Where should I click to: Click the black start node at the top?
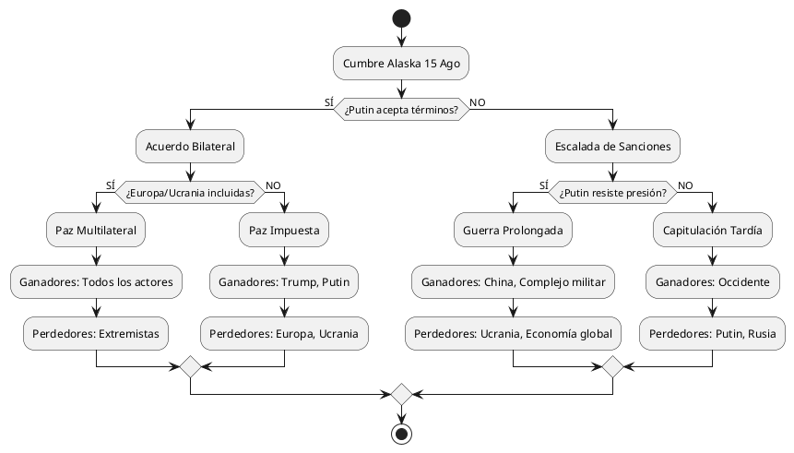pos(401,18)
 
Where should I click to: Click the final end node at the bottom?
pos(401,434)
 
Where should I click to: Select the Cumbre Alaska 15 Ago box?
pos(401,63)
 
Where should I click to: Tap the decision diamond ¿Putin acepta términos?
pos(401,108)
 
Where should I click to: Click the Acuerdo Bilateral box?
pos(190,146)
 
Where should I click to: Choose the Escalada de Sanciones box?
pos(612,146)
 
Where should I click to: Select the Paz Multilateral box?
pos(96,231)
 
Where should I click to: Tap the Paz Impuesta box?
pos(284,231)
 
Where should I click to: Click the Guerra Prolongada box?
pos(513,231)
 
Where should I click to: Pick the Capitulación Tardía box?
pos(713,231)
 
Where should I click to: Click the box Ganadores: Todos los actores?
pos(96,280)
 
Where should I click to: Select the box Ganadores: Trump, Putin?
pos(284,280)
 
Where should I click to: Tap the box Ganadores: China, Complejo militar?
pos(513,280)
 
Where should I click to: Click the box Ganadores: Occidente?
pos(713,280)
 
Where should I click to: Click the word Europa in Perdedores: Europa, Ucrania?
pos(292,331)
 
